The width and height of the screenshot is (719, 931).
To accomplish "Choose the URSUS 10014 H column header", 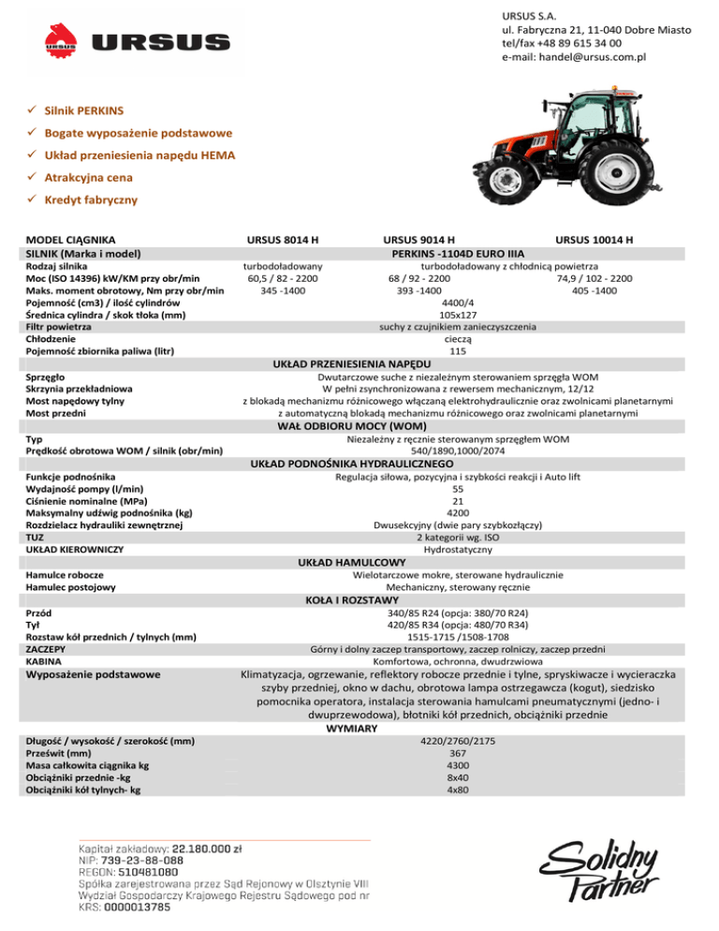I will click(x=594, y=240).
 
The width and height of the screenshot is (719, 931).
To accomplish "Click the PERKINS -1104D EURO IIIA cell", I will click(x=456, y=253).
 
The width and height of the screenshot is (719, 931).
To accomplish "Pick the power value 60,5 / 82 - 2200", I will click(x=282, y=278).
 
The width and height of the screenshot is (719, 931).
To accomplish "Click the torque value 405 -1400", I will click(x=594, y=290).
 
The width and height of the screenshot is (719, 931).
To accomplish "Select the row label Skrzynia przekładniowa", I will click(x=79, y=388).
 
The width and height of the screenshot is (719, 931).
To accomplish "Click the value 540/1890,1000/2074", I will click(x=457, y=451).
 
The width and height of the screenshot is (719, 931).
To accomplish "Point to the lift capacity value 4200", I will click(x=457, y=512).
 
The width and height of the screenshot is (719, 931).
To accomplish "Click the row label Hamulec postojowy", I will click(x=71, y=586).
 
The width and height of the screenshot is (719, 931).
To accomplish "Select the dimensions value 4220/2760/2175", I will click(x=457, y=741).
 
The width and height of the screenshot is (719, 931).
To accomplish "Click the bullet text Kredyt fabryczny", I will click(x=90, y=199).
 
